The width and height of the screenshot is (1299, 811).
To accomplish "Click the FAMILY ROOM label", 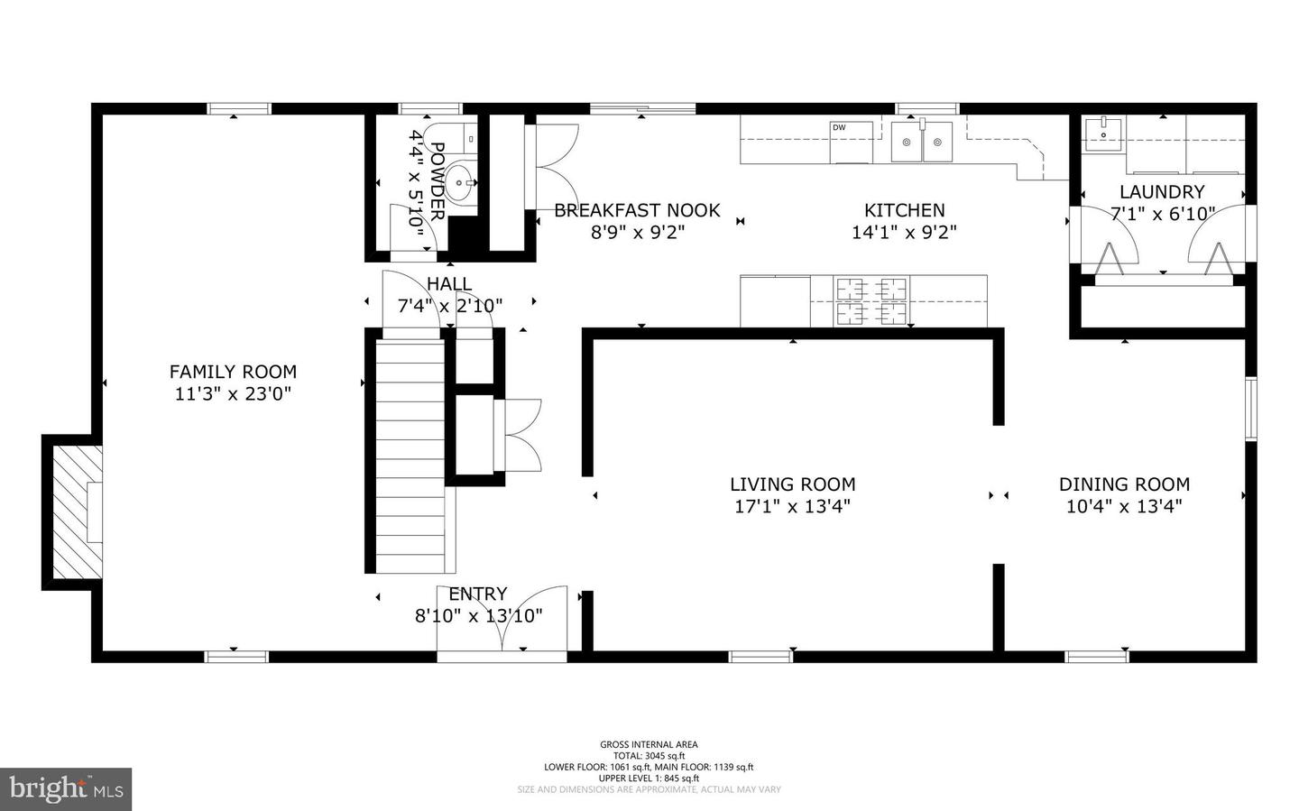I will point(233,372).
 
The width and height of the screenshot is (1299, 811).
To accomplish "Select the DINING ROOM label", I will point(1124,484).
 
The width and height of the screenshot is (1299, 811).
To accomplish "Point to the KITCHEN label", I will point(904,210).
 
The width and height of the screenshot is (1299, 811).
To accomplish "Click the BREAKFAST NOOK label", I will point(637,210).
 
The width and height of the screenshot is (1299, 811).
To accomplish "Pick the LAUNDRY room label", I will point(1161,192).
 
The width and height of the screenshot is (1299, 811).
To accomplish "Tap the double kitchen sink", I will point(922,143).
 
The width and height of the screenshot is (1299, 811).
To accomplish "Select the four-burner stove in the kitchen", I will point(871,301).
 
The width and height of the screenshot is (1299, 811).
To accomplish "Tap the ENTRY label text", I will point(477,594).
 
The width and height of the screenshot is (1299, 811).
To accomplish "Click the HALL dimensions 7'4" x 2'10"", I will point(449,307).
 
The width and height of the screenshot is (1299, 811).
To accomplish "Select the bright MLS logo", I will point(66,789).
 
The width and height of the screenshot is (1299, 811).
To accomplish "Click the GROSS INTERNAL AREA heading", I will point(649,744).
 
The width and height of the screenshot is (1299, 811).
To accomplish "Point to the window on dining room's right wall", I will point(1251,409).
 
